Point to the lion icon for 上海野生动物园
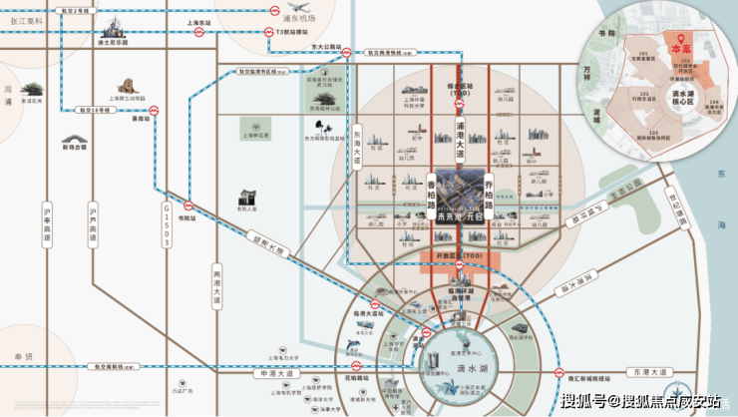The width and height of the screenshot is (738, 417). click(128, 87)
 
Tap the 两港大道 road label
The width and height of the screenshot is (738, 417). click(213, 283)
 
